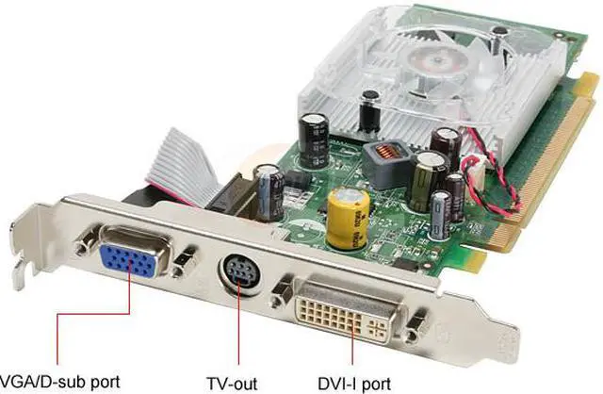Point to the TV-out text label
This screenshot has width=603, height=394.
232,384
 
